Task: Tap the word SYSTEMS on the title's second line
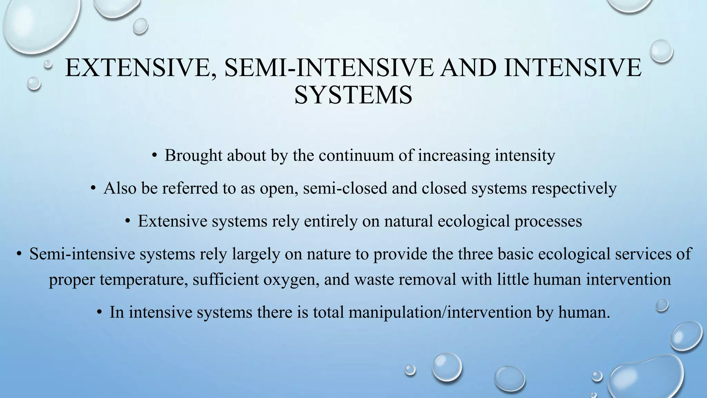[353, 95]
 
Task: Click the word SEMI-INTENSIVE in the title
[329, 68]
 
